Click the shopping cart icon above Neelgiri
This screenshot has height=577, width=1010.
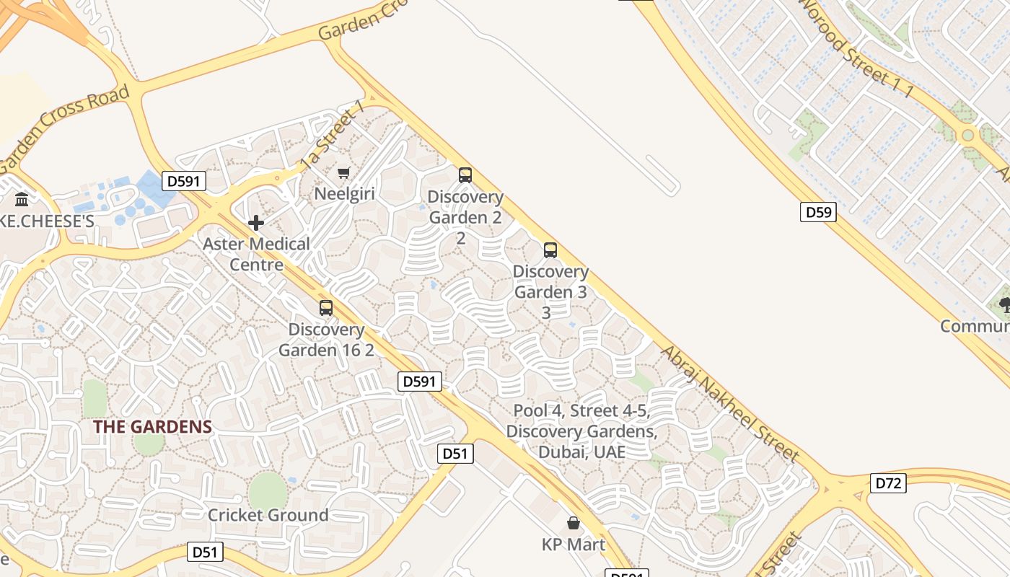tap(344, 172)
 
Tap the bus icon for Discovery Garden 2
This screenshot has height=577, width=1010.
tap(465, 175)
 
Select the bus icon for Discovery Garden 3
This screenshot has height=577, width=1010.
tap(550, 250)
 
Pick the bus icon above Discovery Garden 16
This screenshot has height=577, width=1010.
tap(326, 308)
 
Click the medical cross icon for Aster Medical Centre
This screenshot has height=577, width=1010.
tap(256, 223)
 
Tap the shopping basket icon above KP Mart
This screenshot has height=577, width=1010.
tap(574, 522)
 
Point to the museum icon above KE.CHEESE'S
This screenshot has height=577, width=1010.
tap(22, 199)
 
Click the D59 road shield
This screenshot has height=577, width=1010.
tap(818, 212)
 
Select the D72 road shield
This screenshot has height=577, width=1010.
tap(888, 483)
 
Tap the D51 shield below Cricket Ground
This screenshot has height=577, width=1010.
tap(205, 552)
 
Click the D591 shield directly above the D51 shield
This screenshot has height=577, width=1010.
tap(419, 382)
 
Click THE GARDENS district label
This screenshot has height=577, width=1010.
tap(152, 426)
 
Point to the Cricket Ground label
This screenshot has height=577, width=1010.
tap(268, 515)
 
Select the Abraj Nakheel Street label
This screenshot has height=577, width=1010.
tap(730, 403)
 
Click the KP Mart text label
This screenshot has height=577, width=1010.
tap(574, 544)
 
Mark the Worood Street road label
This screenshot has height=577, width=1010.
tap(856, 48)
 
